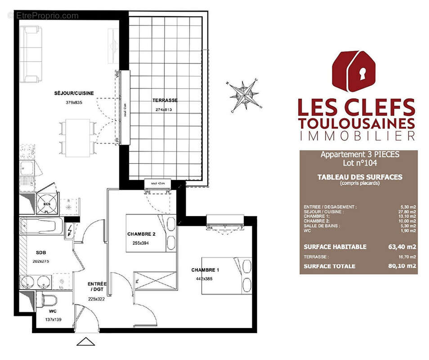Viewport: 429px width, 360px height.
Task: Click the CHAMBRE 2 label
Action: [x=141, y=234]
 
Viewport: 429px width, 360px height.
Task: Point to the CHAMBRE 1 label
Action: [x=205, y=270]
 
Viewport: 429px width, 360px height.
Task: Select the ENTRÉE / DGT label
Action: [x=97, y=287]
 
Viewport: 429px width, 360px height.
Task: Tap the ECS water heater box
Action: [x=47, y=202]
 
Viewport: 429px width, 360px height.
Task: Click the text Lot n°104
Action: [x=359, y=163]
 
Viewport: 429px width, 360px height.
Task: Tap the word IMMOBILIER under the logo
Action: [x=357, y=135]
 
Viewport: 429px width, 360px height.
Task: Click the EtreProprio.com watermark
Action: [x=43, y=16]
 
